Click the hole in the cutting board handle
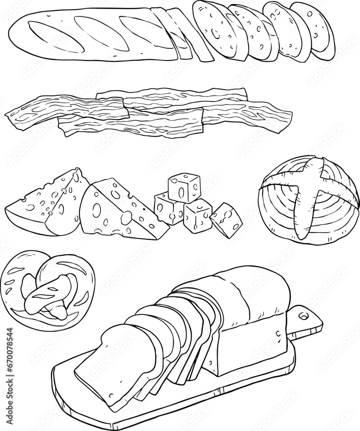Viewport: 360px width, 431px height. click(x=304, y=317)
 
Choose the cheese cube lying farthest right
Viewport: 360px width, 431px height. click(x=226, y=219)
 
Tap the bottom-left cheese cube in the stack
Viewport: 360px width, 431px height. click(x=169, y=208)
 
